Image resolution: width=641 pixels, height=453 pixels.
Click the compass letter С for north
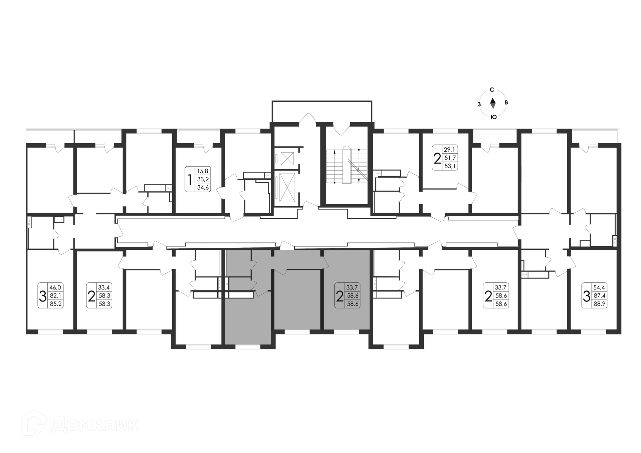[x=492, y=90]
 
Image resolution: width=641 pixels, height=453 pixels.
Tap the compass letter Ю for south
[x=493, y=117]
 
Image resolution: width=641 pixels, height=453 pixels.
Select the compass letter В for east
[x=506, y=103]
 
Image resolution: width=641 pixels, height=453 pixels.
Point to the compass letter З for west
[x=479, y=104]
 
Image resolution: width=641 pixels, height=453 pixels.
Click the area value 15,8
[x=203, y=171]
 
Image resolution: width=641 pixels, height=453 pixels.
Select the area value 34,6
[x=203, y=187]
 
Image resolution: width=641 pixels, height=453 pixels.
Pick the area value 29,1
[x=449, y=150]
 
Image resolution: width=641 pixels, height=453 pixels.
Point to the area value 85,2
[x=56, y=304]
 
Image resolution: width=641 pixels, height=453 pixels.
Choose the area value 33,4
[x=104, y=287]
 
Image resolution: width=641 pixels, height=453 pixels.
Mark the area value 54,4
[x=599, y=287]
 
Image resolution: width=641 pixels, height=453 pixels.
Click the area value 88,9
[x=600, y=304]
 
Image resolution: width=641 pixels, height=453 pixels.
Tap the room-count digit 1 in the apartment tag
[x=190, y=179]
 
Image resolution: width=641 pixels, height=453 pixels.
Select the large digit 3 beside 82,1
[x=43, y=296]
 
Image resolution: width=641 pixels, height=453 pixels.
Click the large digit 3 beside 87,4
[x=587, y=296]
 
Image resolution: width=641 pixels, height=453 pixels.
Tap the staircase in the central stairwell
[x=347, y=166]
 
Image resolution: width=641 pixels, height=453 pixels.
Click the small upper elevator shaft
[x=287, y=159]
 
